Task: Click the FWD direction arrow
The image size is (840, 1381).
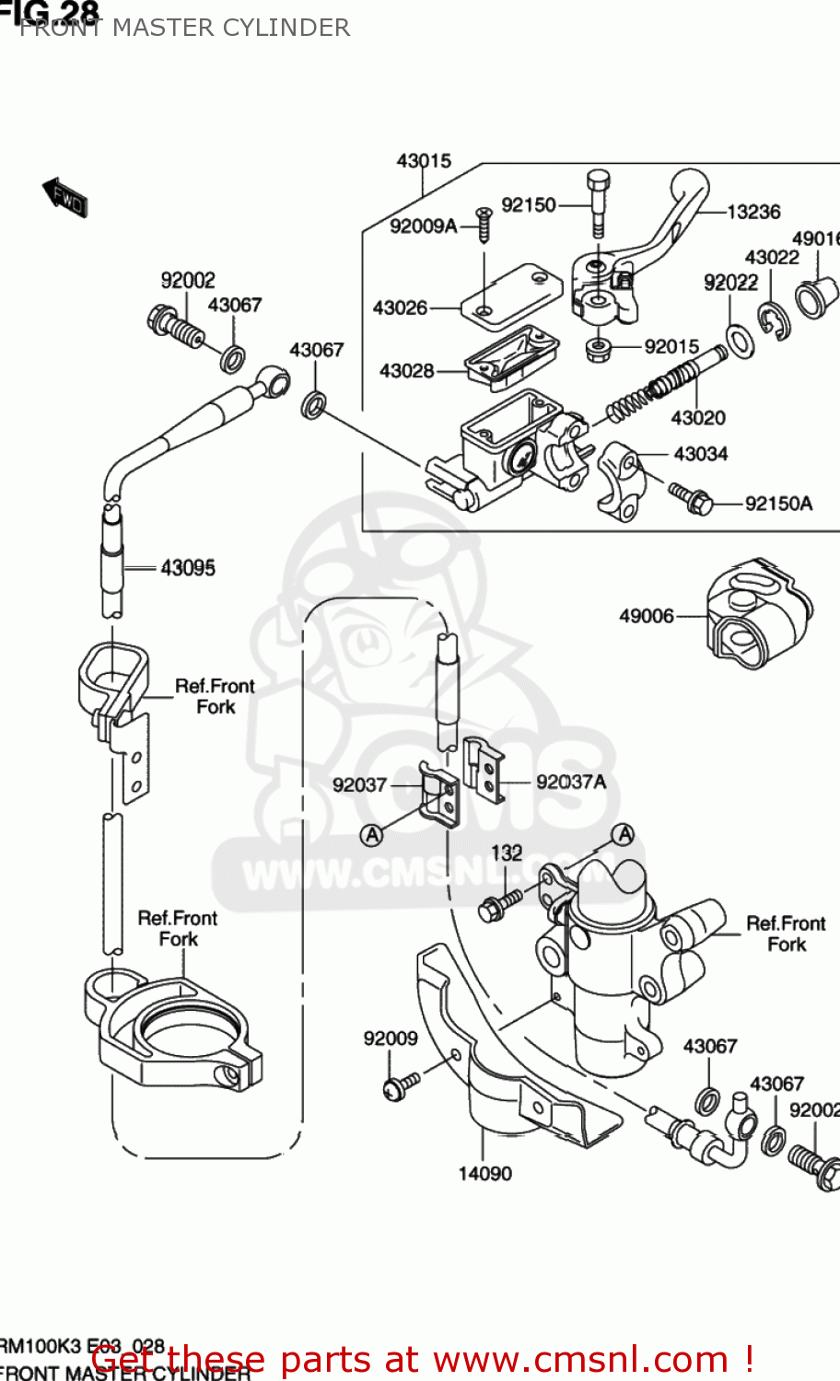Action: (x=64, y=196)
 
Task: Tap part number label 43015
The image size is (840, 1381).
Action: (x=424, y=161)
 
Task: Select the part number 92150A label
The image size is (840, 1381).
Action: (x=778, y=504)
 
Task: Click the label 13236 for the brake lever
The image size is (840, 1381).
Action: (x=752, y=213)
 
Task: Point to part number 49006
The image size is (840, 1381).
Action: (x=646, y=616)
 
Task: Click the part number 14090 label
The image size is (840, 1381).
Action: (x=484, y=1173)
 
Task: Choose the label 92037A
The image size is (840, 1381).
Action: (x=570, y=782)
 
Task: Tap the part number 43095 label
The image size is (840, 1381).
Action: (x=187, y=568)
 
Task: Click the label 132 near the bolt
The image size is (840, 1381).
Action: (x=506, y=853)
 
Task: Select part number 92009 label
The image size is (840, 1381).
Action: (x=390, y=1039)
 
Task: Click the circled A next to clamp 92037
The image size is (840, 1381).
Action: (x=371, y=835)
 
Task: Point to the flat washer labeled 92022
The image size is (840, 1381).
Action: (x=740, y=341)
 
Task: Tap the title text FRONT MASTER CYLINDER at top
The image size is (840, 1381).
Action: (x=184, y=28)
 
